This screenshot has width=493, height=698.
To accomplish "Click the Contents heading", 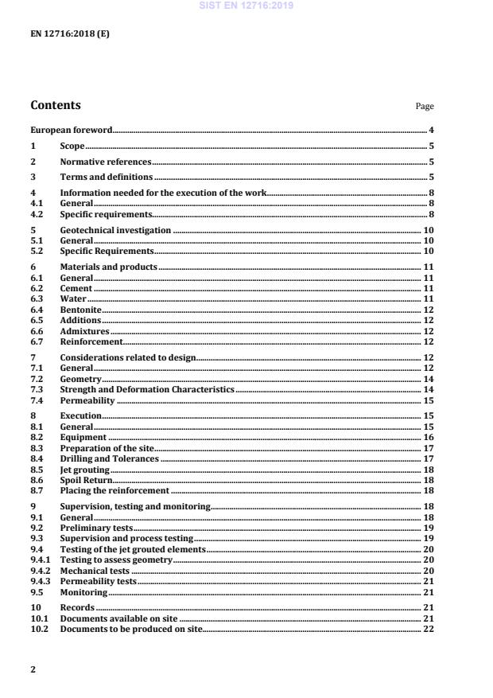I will (x=55, y=105).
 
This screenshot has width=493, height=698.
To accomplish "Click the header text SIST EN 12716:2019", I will (x=246, y=6).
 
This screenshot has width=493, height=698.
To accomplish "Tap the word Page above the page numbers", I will (x=425, y=107).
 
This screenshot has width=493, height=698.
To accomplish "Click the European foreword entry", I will (x=71, y=130).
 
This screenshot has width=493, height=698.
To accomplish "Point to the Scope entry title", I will (x=72, y=146).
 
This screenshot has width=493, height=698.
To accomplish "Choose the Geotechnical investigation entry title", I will (x=115, y=230).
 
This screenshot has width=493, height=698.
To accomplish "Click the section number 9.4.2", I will (x=40, y=571).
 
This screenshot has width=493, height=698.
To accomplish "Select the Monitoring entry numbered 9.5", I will (x=83, y=593).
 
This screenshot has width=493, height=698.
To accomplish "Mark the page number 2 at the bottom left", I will (x=33, y=669).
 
